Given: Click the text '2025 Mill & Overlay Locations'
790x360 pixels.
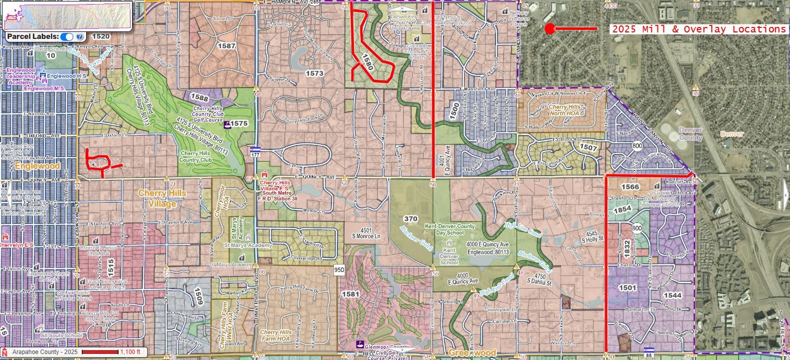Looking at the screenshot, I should [x=698, y=29].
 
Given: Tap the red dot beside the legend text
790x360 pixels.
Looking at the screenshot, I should [x=550, y=29].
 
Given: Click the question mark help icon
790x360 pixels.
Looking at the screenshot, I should [x=80, y=37].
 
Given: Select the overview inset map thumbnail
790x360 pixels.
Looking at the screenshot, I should [x=67, y=15].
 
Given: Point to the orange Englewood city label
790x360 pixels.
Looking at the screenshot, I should [x=37, y=166].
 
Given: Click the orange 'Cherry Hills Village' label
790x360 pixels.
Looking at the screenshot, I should [x=162, y=198].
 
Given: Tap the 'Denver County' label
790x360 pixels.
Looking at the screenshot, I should [x=690, y=134].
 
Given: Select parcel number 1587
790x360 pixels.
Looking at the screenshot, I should [x=226, y=46].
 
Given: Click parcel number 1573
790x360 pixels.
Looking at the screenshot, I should [x=315, y=73].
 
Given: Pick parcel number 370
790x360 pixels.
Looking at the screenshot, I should [x=411, y=219].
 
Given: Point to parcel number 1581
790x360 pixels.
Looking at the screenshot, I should [x=350, y=294].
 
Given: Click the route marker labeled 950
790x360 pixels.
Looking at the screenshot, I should [x=339, y=270].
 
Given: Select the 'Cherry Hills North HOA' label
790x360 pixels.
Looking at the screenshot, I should [x=565, y=110].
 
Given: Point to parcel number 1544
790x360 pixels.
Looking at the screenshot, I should [x=672, y=295].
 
